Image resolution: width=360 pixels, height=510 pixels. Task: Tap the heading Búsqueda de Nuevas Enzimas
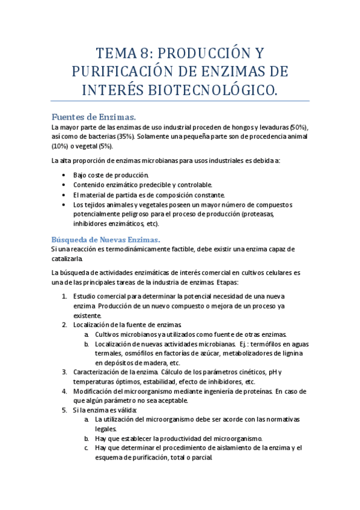(x=106, y=239)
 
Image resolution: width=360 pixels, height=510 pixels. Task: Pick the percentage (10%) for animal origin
(x=60, y=146)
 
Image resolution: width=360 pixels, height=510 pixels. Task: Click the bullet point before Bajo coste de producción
(x=65, y=174)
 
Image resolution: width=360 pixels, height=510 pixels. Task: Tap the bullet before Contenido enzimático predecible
(x=65, y=185)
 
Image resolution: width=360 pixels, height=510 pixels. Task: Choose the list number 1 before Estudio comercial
(x=64, y=296)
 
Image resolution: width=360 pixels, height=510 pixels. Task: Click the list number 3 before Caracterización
(x=64, y=372)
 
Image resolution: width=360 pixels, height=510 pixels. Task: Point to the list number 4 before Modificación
(x=64, y=391)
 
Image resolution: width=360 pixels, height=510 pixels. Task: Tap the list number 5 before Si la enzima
(x=64, y=410)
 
